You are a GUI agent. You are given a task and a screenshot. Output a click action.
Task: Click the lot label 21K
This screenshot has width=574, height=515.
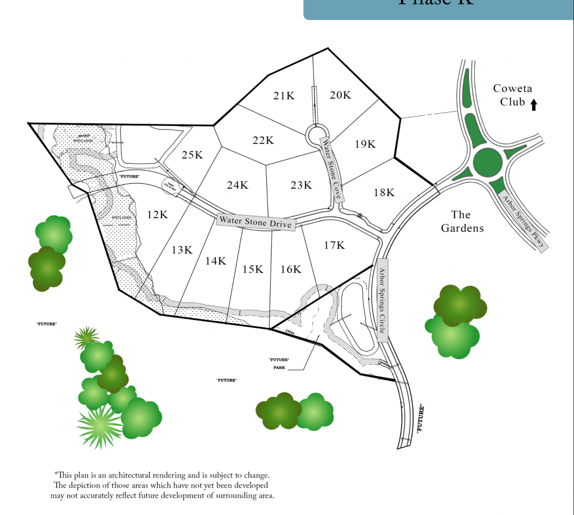[x=284, y=96]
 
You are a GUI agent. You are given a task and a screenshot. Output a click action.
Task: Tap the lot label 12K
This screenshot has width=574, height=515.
[x=158, y=214]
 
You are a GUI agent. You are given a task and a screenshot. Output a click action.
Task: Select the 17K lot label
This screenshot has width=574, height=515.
[x=334, y=245]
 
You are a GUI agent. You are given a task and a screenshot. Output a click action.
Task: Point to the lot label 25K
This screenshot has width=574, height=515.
[x=192, y=155]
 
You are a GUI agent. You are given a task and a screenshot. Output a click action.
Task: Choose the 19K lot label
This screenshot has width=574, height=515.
[x=365, y=144]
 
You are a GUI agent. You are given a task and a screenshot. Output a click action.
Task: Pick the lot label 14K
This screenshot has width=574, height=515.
[x=215, y=261]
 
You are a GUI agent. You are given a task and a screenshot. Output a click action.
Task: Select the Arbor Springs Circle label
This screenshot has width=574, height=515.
[x=381, y=300]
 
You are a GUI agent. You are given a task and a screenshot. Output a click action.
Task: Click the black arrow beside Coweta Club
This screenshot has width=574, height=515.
[x=534, y=104]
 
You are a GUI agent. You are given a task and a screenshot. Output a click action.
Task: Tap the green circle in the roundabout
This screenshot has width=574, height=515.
[x=487, y=162]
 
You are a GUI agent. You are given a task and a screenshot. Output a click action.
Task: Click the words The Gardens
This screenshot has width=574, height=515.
[x=461, y=221]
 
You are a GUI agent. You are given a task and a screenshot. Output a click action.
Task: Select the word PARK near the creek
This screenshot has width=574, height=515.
[x=279, y=368]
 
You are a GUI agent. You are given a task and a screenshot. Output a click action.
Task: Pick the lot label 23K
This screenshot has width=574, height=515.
[x=302, y=185]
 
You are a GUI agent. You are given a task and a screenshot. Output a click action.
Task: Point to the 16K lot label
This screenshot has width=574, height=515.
[x=290, y=270]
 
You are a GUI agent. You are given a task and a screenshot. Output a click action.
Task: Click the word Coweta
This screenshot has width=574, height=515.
[x=512, y=89]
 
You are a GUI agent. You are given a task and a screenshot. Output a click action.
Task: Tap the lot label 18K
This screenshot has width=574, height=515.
[x=384, y=193]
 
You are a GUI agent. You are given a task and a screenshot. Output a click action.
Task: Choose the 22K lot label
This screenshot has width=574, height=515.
[x=262, y=140]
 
